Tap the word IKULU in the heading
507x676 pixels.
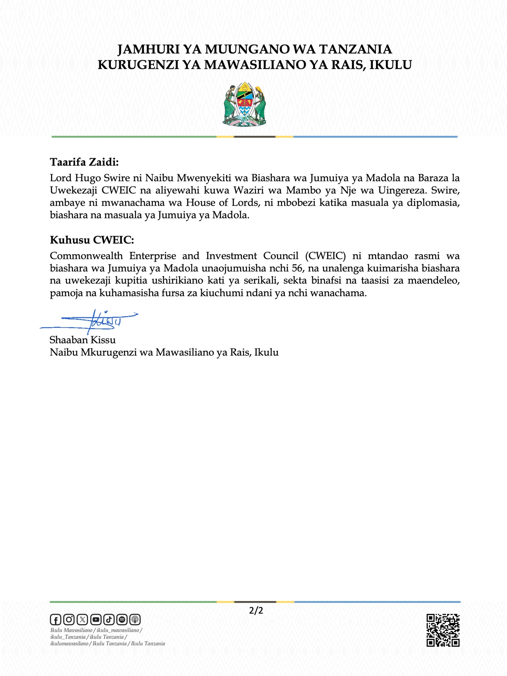point(390,65)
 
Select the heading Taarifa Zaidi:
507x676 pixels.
point(84,162)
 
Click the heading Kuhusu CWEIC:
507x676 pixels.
point(92,240)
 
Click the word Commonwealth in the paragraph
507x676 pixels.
point(86,256)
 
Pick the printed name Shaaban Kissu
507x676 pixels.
point(83,340)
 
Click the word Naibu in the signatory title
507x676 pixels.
point(64,352)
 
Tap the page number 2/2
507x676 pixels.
point(256,610)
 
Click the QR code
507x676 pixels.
point(443,630)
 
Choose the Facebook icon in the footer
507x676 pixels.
point(56,619)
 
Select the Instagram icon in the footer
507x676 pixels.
point(69,619)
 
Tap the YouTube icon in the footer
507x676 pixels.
point(95,619)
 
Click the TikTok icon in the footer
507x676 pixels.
point(109,619)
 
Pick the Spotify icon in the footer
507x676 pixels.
point(122,619)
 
